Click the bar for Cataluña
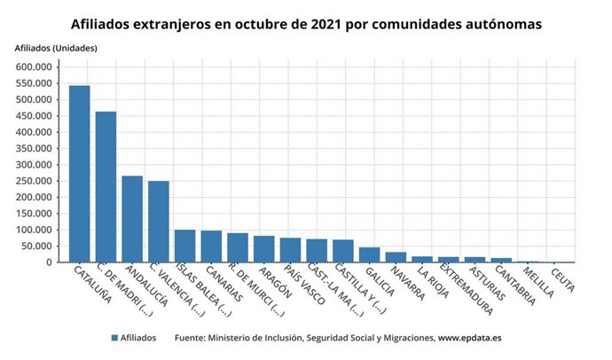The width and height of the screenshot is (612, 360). [79, 174]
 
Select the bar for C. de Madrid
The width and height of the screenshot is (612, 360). [106, 187]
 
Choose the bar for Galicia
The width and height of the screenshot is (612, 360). [369, 255]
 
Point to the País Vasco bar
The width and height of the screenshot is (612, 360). [290, 250]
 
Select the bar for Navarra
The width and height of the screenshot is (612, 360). [396, 257]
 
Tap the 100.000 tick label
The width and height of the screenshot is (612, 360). [35, 230]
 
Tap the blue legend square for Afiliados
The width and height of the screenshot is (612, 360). [115, 338]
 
